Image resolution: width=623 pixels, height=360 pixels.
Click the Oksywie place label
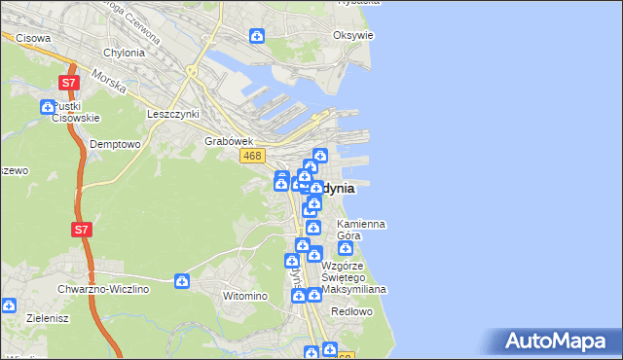[352, 35]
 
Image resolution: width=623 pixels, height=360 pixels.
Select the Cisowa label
[33, 38]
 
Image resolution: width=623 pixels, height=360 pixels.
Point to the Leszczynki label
[172, 114]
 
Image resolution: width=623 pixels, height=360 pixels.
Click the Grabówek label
[223, 141]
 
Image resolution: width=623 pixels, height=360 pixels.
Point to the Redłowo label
[352, 311]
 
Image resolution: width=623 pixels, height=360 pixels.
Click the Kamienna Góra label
[360, 230]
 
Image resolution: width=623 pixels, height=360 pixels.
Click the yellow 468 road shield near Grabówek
[252, 156]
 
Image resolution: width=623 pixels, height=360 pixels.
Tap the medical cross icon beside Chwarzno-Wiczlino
[182, 282]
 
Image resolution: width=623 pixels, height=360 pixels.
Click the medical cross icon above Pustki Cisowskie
[48, 107]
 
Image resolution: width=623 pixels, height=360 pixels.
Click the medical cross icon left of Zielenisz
[9, 305]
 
